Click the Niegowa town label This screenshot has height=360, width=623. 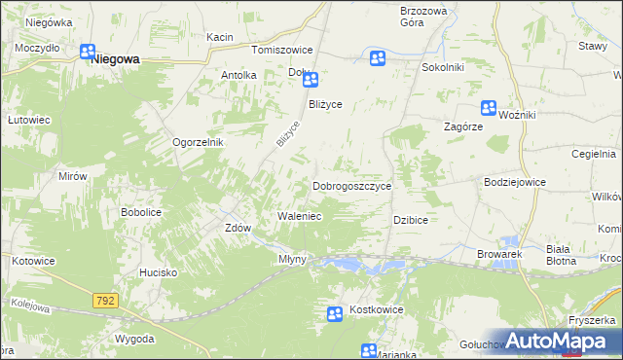(x=115, y=59)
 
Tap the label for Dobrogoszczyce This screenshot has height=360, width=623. (x=351, y=185)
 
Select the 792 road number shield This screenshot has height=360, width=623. (x=106, y=302)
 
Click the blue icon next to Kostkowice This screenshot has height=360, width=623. (x=335, y=313)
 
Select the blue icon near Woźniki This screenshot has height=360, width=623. (x=490, y=109)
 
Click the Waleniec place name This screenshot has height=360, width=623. (x=300, y=216)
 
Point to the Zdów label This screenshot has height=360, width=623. (x=238, y=228)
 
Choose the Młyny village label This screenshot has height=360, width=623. (x=293, y=259)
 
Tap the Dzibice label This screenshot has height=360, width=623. (x=411, y=220)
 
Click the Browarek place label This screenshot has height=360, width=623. (x=500, y=254)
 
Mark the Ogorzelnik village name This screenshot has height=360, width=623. (x=199, y=142)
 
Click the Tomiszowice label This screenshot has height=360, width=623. (x=281, y=50)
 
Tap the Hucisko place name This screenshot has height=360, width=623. (x=157, y=273)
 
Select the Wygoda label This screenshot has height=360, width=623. (x=134, y=339)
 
